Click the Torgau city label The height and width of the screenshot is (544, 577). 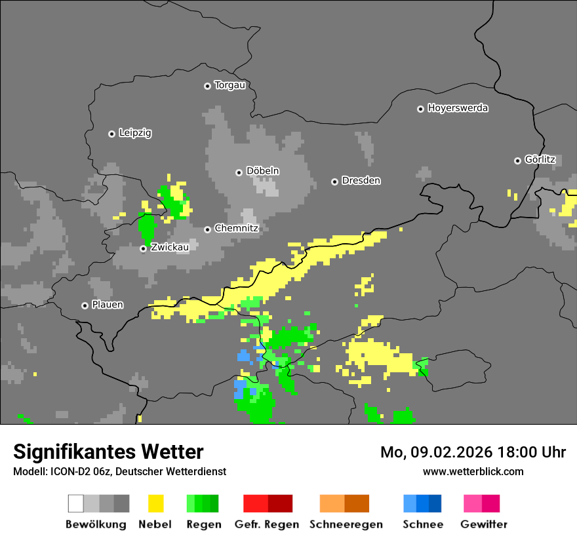tap(229, 85)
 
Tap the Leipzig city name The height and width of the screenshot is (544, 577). tap(135, 133)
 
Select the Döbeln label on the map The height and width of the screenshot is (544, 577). tap(262, 171)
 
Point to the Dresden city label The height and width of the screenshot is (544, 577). tap(361, 180)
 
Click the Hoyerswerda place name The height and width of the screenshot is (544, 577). tap(458, 108)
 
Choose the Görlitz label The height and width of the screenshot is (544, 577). tap(540, 160)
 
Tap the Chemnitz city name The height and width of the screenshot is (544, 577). tap(237, 229)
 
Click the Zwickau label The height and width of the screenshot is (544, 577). tap(170, 248)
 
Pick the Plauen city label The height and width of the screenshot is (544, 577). tap(108, 305)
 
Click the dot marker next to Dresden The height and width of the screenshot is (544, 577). tap(334, 181)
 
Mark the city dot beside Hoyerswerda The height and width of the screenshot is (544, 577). tap(420, 109)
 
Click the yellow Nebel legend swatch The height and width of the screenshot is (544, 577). tap(155, 503)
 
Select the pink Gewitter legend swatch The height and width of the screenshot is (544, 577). tap(481, 503)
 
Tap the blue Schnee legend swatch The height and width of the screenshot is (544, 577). tap(422, 503)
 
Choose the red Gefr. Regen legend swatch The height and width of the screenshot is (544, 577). tap(268, 503)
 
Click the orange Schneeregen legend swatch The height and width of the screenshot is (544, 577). tap(344, 503)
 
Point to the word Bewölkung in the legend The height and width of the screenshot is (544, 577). tap(96, 524)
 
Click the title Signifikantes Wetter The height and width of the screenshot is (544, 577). tap(108, 452)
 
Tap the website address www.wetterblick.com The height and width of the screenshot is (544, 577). tap(473, 471)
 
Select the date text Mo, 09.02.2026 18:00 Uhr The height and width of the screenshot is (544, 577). tap(473, 452)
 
